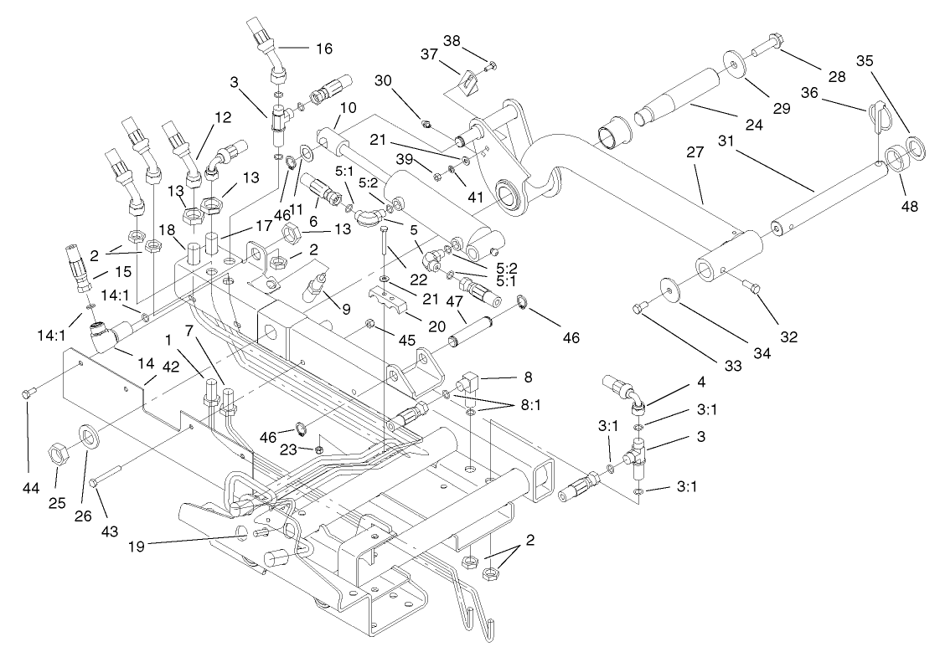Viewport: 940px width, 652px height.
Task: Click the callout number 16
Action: point(323,49)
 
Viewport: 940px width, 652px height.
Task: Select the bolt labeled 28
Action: point(766,45)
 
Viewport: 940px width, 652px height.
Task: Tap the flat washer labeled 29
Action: point(733,65)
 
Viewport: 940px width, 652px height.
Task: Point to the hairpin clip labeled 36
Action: point(875,113)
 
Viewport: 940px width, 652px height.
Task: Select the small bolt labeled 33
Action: point(641,308)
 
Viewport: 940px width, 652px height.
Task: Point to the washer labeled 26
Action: point(87,435)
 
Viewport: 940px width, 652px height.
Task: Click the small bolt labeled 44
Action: point(28,393)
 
